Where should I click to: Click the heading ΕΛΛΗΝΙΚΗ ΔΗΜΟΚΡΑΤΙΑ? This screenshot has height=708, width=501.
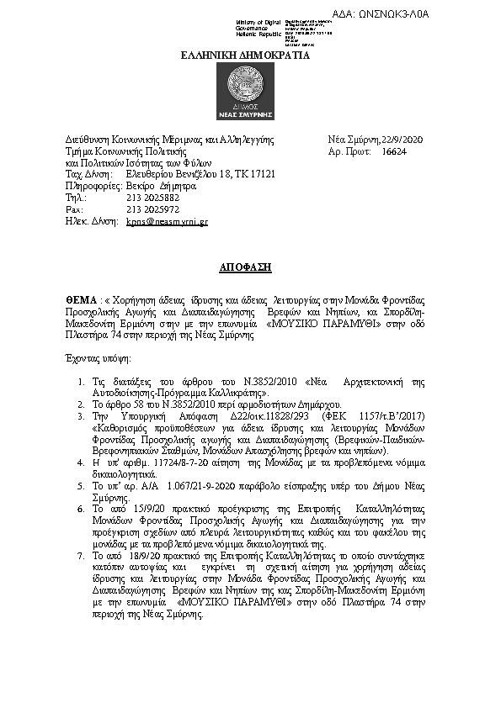click(246, 55)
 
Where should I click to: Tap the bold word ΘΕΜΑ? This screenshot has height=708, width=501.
click(81, 299)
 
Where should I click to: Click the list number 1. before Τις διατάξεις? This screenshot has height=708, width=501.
click(76, 381)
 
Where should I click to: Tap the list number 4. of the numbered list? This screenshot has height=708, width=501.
click(76, 462)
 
